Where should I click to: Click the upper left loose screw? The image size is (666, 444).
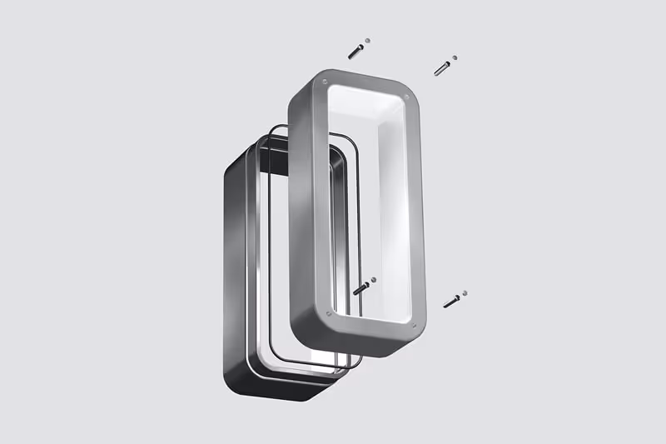pos(355,51)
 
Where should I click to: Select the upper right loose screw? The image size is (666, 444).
pos(442,68)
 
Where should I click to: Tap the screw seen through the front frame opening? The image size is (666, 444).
pos(361,288)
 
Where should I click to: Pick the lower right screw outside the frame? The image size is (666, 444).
pos(452,301)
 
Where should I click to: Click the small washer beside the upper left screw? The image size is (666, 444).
pos(368,40)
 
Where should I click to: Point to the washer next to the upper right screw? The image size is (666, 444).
pos(455,58)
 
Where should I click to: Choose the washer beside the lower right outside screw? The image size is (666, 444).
pos(465,292)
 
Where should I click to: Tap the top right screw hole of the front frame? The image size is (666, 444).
pos(405,98)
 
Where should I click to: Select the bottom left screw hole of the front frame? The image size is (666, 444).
pos(330,314)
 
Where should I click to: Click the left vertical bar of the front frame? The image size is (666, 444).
pos(302,208)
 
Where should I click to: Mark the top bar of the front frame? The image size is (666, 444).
pos(366,81)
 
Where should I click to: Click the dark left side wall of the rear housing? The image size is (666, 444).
pos(234,267)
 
